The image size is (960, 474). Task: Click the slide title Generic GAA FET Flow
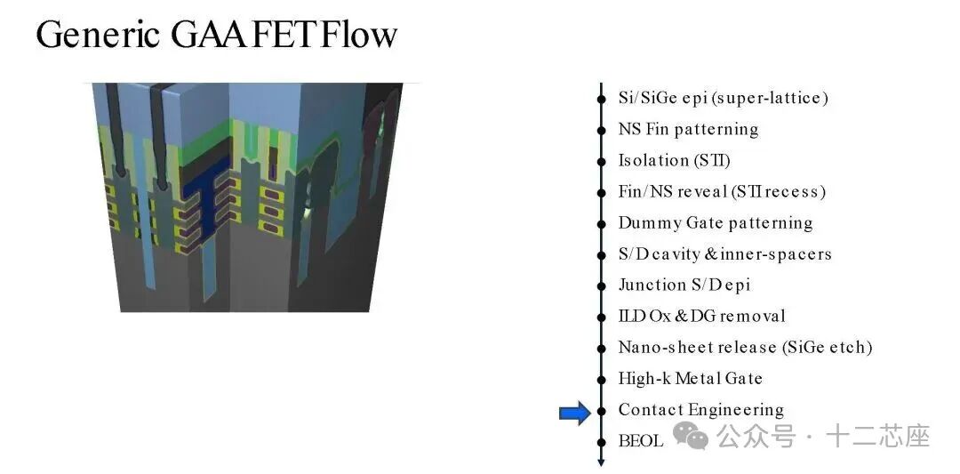(217, 35)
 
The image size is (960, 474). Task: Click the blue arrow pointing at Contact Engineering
(575, 414)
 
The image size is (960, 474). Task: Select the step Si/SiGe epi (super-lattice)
(723, 97)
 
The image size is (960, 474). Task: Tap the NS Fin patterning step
(688, 129)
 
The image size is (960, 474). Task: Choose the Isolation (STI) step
(674, 160)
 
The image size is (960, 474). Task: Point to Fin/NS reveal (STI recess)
(722, 191)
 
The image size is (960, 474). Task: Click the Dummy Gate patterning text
(715, 222)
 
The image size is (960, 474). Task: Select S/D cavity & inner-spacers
(725, 253)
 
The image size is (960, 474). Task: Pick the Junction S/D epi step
(684, 285)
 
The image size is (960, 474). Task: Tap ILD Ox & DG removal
(701, 316)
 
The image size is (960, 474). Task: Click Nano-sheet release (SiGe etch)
(745, 347)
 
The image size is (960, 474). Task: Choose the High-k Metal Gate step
(690, 379)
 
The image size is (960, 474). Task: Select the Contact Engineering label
(701, 410)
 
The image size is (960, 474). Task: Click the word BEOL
(640, 441)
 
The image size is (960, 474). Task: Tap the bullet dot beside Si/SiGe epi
(601, 98)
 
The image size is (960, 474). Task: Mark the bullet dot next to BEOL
(601, 442)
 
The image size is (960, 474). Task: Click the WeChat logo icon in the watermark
(690, 436)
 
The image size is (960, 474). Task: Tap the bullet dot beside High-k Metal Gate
(601, 379)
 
